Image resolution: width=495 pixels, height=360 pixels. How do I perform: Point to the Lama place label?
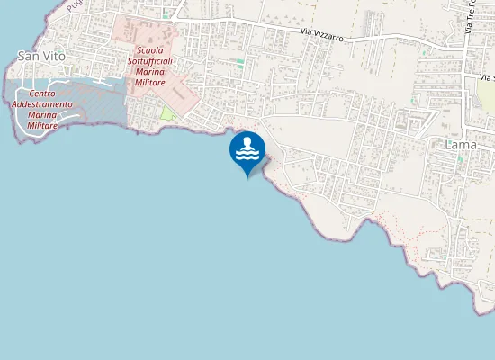pos(462,144)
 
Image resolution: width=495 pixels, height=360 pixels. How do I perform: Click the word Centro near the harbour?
pos(43,94)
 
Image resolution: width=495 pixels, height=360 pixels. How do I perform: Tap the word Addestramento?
pos(43,104)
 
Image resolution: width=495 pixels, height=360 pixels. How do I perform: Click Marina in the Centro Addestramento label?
pos(43,115)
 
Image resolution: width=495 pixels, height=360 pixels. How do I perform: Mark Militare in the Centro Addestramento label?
pos(43,126)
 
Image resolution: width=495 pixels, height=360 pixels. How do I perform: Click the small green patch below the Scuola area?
pos(167,113)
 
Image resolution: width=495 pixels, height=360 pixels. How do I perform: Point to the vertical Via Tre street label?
pos(470,18)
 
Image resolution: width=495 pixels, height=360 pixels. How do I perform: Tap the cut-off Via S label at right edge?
pos(486,79)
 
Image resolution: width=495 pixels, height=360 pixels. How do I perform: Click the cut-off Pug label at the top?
pos(75,5)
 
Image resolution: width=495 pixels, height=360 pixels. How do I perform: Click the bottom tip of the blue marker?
pos(247,177)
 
